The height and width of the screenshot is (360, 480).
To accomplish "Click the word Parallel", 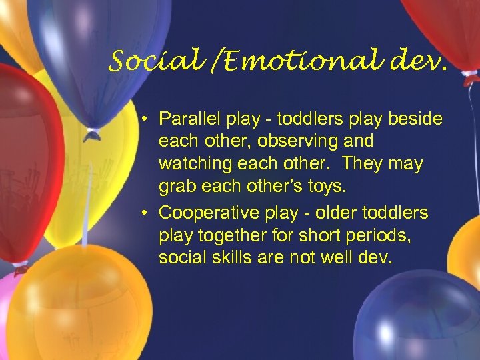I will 186,118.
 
